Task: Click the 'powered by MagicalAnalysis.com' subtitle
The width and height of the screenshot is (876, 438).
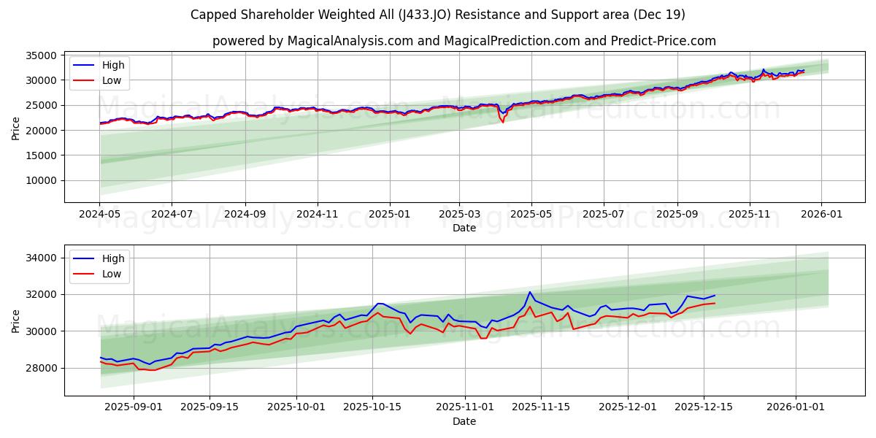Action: click(x=464, y=41)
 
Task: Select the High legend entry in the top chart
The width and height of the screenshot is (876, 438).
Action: click(x=113, y=65)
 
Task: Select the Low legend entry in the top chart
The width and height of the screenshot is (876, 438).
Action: click(x=112, y=81)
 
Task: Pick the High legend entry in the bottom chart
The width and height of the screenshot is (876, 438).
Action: click(x=113, y=258)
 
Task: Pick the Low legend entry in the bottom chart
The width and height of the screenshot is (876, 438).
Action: click(x=112, y=274)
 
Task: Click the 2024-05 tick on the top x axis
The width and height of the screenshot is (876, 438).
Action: click(x=99, y=215)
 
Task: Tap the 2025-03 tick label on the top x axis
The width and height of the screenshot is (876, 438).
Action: click(x=459, y=215)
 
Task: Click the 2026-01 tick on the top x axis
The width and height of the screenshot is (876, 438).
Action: click(x=821, y=215)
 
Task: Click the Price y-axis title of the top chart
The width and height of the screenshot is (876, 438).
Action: click(x=16, y=128)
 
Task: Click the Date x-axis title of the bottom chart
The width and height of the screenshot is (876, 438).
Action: click(x=464, y=421)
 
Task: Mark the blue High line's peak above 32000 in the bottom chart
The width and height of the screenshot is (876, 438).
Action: click(x=530, y=292)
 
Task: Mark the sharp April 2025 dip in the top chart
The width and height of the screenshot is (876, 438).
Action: click(x=502, y=121)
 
